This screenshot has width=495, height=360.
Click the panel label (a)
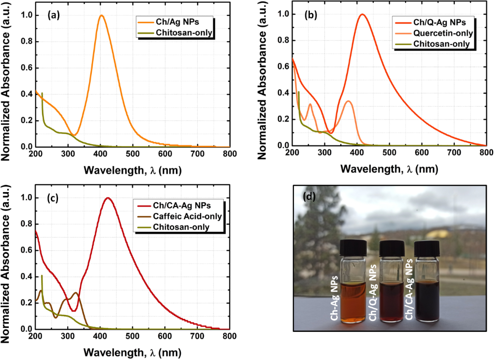(x=53, y=15)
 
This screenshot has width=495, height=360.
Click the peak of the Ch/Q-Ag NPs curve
(x=362, y=14)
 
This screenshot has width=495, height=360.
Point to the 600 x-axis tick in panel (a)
(x=165, y=154)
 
